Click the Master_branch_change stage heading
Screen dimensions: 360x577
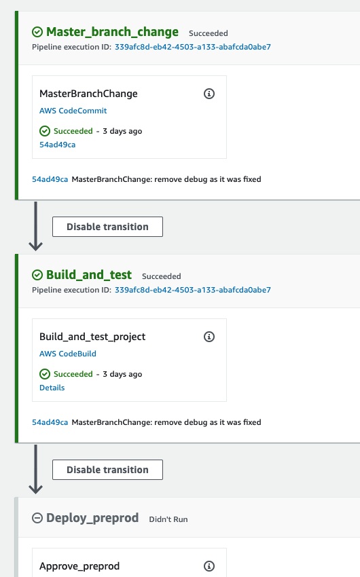click(x=112, y=32)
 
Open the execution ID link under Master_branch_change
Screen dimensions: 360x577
click(x=192, y=47)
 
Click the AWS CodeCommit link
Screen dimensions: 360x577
click(x=73, y=111)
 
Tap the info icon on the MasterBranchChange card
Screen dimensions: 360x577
click(x=209, y=94)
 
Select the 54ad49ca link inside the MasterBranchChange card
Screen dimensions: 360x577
click(x=58, y=145)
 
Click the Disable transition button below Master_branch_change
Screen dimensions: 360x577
click(x=107, y=227)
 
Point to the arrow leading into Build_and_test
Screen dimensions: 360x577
click(x=36, y=226)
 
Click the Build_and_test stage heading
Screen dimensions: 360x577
click(x=89, y=275)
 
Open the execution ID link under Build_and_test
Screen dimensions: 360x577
click(x=192, y=290)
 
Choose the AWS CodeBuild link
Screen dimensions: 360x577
click(x=68, y=354)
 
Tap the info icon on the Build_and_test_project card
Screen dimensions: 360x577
click(x=209, y=337)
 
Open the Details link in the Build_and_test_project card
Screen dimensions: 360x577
click(x=52, y=388)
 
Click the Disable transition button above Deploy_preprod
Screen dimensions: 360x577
click(x=107, y=470)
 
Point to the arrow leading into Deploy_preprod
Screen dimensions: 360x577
click(x=36, y=469)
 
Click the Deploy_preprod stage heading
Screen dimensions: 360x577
click(x=92, y=518)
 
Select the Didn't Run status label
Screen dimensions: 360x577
click(x=168, y=519)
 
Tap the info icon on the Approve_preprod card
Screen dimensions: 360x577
click(x=209, y=566)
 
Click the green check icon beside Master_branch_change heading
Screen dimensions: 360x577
click(x=37, y=33)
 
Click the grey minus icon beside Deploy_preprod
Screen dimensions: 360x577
click(x=37, y=518)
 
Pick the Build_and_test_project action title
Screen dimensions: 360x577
click(x=92, y=337)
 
